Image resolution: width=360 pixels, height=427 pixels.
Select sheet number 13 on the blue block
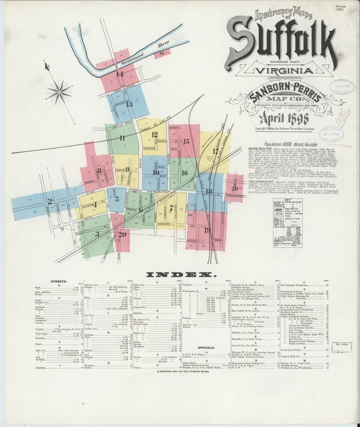(x=129, y=104)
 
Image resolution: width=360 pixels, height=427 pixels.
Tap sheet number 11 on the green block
(x=122, y=138)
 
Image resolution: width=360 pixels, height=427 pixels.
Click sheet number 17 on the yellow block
(x=215, y=151)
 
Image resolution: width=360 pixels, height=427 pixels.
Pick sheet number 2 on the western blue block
(x=50, y=201)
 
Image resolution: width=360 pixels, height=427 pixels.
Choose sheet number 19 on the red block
(x=207, y=230)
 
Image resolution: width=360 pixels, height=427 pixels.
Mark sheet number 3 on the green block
(x=96, y=234)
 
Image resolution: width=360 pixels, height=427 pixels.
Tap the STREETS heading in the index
(x=59, y=281)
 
